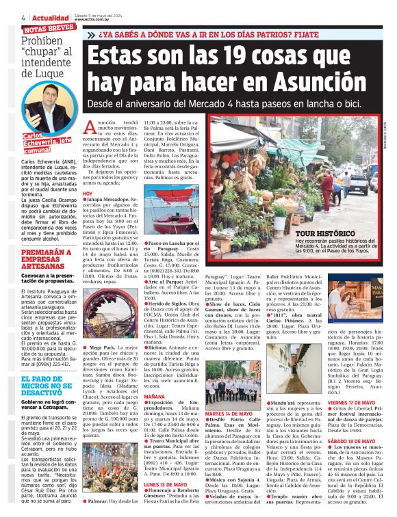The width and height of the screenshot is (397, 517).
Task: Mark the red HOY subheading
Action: click(87, 194)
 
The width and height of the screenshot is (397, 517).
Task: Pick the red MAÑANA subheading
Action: click(155, 396)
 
